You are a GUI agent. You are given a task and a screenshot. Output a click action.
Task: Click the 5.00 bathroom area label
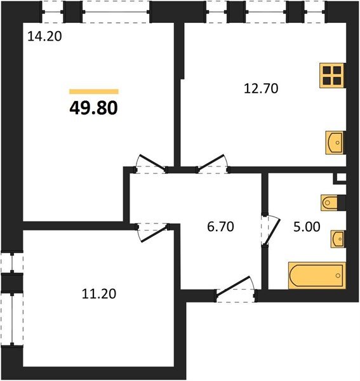(x=305, y=225)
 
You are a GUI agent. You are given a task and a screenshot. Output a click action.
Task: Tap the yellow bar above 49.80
(x=94, y=91)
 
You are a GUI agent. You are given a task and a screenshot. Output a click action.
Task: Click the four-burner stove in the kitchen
(x=331, y=76)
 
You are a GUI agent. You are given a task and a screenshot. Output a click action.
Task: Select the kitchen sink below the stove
(x=335, y=142)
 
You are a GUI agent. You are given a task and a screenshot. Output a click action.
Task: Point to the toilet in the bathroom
(x=332, y=203)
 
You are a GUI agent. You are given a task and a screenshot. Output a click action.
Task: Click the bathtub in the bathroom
(x=316, y=275)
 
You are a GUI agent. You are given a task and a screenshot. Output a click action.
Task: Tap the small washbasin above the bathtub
(x=337, y=240)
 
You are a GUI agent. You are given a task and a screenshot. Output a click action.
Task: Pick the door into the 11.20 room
(x=152, y=229)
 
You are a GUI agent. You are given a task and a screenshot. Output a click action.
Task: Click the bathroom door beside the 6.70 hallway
(x=269, y=231)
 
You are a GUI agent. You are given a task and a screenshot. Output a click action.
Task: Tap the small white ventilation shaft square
(x=341, y=178)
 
